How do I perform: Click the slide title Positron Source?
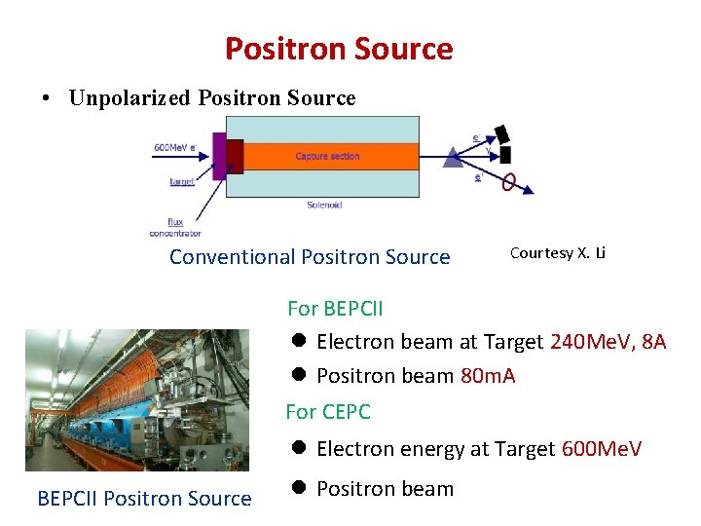point(339,49)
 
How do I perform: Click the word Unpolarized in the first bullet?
point(130,98)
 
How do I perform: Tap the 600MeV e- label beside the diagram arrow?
point(175,147)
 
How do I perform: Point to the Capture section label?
point(327,156)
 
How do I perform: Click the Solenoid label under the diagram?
point(324,205)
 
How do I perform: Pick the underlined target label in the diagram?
point(181,181)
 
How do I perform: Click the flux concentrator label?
point(175,227)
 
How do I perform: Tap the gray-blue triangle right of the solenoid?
point(454,157)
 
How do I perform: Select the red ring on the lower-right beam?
point(509,181)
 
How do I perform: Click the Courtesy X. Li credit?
point(558,253)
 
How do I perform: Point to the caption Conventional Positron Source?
point(310,257)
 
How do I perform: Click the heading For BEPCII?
point(335,309)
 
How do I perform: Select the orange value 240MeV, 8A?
point(609,342)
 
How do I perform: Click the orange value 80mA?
point(488,376)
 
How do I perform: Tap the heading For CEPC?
point(328,412)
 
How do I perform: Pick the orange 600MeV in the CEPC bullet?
point(602,449)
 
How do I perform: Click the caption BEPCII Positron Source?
point(144,499)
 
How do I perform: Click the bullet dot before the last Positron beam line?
point(300,488)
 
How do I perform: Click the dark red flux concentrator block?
point(234,156)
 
